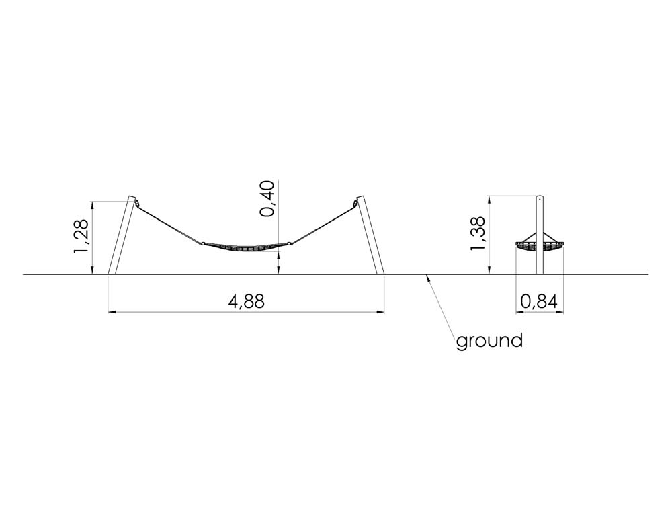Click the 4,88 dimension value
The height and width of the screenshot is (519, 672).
point(247,301)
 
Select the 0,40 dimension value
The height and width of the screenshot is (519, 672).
point(267,198)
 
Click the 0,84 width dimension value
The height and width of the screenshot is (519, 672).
point(539,302)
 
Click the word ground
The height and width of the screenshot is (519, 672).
point(489,341)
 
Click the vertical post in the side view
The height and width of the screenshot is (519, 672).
point(540,235)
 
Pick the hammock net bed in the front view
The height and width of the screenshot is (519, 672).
point(245,247)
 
